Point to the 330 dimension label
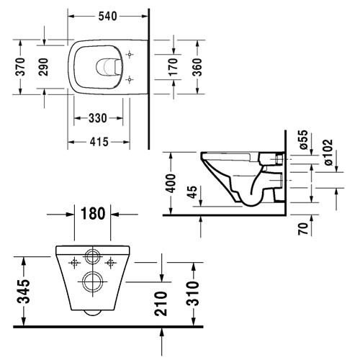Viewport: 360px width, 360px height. coord(98,117)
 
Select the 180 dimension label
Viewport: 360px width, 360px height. coord(94,213)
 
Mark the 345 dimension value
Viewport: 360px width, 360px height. coord(23,290)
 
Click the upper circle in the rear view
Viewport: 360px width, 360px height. coord(92,256)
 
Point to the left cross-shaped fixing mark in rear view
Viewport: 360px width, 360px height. coord(72,262)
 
